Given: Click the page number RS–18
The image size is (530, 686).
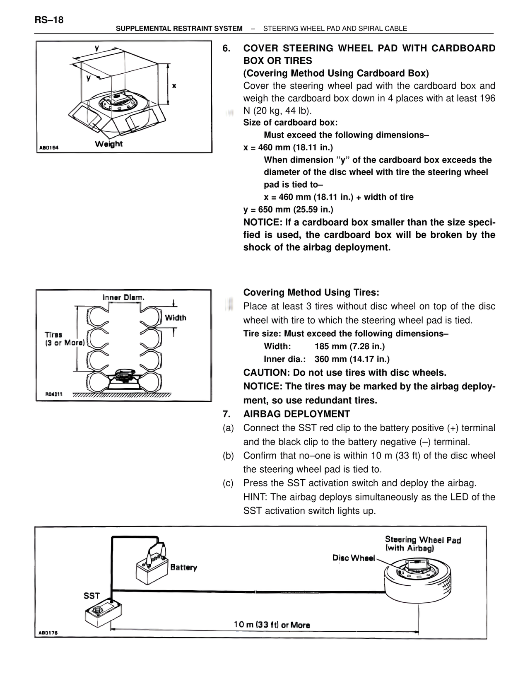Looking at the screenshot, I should point(49,20).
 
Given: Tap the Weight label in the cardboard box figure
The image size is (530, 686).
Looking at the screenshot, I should point(108,144).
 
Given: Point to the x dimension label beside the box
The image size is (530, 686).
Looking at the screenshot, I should point(174,86).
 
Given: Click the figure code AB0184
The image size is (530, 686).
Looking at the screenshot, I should point(49,147).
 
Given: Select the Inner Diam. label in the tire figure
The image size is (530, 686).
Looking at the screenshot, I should point(123,297).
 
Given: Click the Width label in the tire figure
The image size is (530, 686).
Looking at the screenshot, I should point(176,318).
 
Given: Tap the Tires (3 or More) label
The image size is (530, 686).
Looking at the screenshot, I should point(64,338).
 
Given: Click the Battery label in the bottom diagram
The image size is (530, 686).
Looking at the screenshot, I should point(183,567).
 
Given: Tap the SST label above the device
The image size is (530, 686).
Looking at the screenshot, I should point(92,596).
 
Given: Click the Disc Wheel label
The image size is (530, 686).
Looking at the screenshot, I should point(353,558).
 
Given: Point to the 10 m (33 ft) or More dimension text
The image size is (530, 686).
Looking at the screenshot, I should point(272,625).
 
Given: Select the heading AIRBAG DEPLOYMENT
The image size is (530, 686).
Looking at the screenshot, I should point(296,414).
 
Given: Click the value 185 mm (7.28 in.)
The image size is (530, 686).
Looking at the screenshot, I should point(349,346).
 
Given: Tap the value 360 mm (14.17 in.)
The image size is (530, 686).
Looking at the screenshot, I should point(352,359).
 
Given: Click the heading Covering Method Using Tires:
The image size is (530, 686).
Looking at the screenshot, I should point(311,292).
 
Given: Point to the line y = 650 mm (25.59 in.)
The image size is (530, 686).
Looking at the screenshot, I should point(288,209).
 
